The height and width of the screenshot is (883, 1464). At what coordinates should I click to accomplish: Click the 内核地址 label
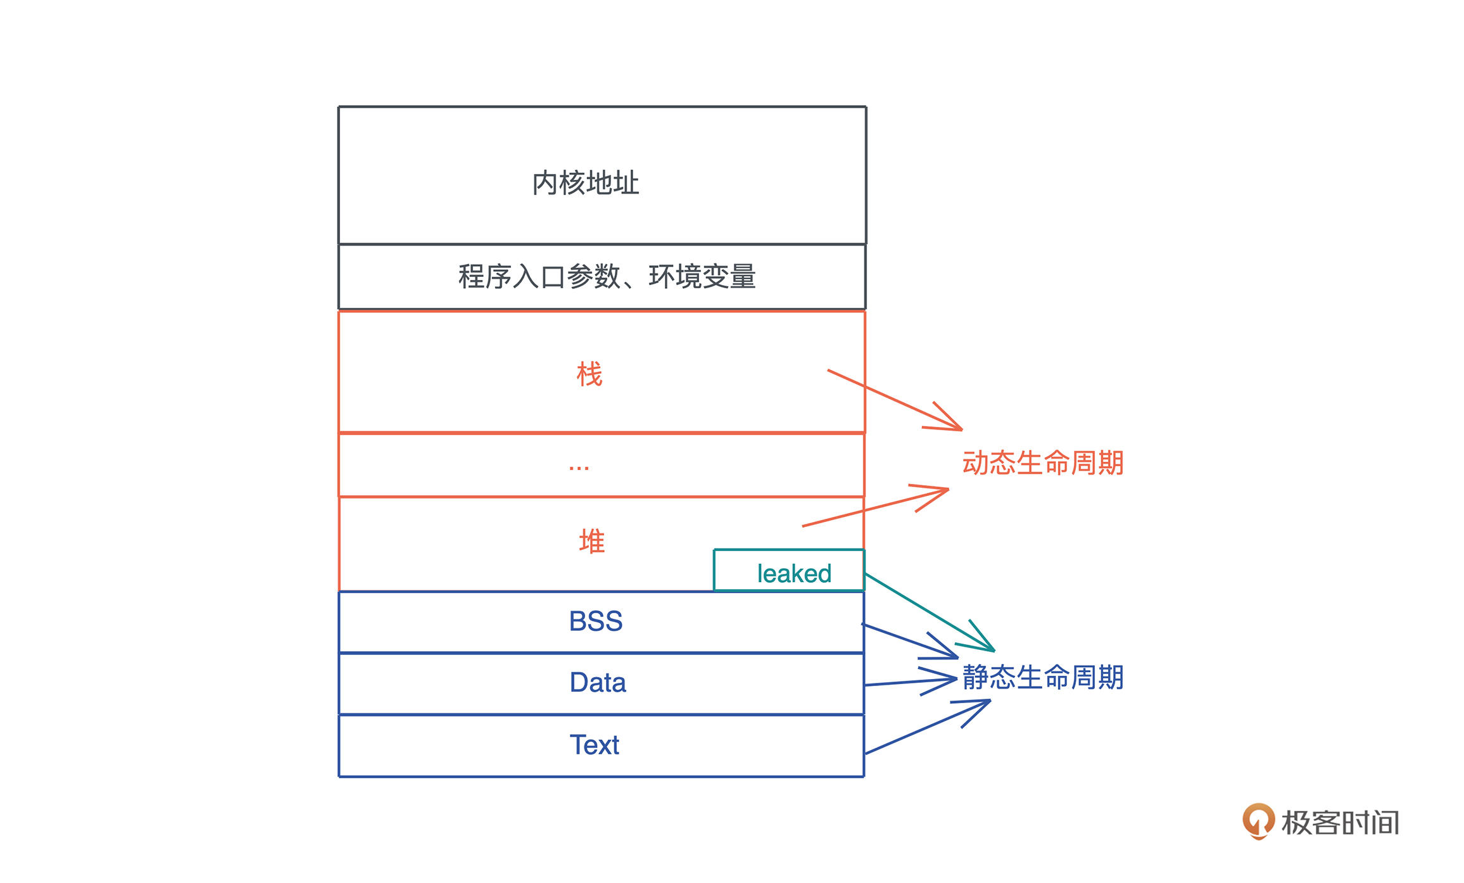coord(586,183)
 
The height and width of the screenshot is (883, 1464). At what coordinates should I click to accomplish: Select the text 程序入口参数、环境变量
coord(607,277)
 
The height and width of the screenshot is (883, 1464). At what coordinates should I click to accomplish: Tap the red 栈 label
coord(590,374)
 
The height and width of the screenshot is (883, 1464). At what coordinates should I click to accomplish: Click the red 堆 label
coord(592,542)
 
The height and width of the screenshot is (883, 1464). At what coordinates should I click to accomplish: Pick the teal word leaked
coord(794,574)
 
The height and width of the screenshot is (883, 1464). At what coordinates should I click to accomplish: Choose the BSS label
coord(596,621)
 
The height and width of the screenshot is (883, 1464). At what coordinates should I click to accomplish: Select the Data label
coord(598,683)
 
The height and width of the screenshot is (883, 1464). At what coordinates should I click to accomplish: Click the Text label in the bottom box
coord(594,745)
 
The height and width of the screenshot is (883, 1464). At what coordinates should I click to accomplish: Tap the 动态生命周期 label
coord(1043,463)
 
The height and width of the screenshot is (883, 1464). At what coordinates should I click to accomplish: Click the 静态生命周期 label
coord(1043,678)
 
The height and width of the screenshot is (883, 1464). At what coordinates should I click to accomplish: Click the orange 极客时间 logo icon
coord(1258,821)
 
